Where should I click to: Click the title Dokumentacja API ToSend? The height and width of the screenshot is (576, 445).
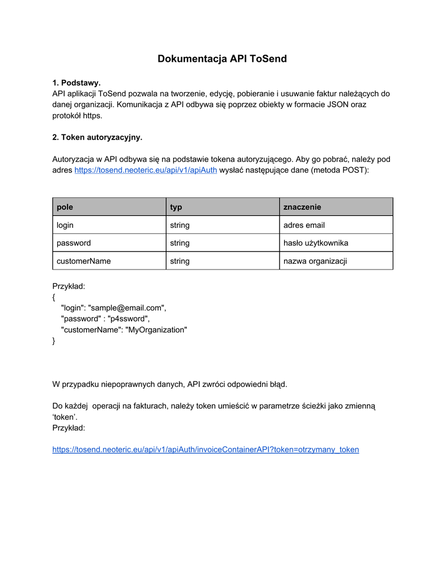[222, 58]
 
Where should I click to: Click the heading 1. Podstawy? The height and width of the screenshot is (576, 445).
[76, 83]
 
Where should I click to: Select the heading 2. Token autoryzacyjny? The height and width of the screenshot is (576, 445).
[97, 137]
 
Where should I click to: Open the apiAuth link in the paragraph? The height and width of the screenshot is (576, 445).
[146, 170]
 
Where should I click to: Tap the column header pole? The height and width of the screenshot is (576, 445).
[65, 207]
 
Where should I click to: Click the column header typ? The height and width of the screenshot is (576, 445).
[176, 207]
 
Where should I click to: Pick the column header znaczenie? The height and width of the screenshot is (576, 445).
[302, 207]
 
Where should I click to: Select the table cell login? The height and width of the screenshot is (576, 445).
[65, 225]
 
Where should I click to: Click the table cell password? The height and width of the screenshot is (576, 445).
[74, 243]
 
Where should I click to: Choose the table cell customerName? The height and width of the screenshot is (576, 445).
[84, 261]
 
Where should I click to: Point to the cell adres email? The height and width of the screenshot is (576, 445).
[304, 225]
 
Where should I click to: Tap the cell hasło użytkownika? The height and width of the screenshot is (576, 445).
[316, 243]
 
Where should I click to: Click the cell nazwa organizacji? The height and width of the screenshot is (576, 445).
[315, 261]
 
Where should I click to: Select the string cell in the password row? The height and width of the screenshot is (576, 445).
[180, 243]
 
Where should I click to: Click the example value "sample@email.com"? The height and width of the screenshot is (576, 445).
[127, 308]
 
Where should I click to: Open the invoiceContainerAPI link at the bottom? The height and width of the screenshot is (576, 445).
[205, 449]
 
